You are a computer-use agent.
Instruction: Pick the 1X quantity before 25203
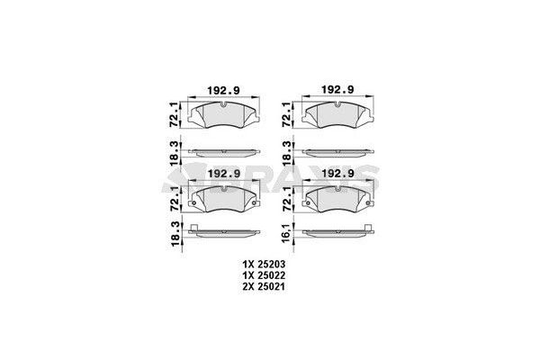pos(248,264)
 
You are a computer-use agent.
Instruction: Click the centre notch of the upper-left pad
pos(223,104)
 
